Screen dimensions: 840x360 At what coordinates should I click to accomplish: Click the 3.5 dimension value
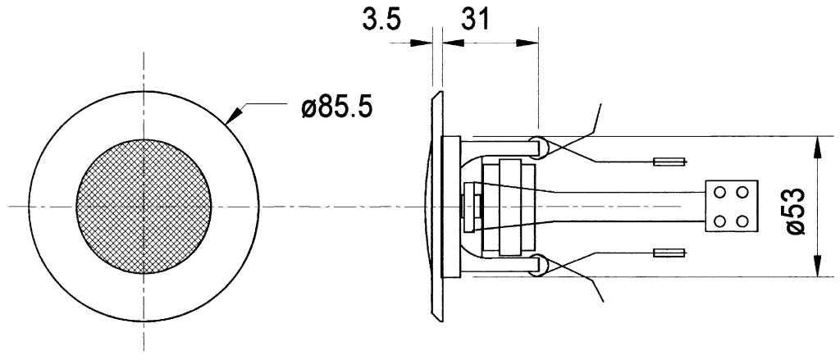tap(382, 20)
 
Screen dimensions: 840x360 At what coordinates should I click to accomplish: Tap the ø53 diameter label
tap(797, 210)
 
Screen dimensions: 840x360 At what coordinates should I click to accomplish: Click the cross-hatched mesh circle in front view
tap(144, 207)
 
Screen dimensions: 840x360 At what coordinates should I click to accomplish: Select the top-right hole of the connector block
tap(742, 192)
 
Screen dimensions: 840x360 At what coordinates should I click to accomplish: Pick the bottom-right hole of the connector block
tap(742, 220)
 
